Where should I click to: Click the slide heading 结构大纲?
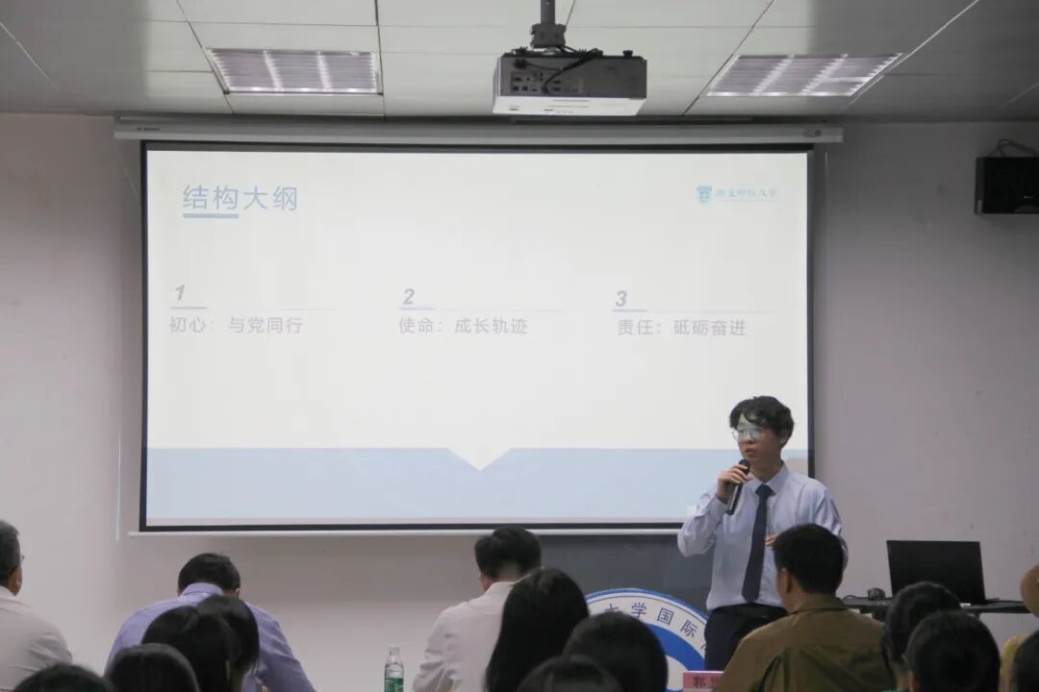pos(240,199)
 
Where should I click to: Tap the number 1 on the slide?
pos(180,294)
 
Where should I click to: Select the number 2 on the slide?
pos(409,297)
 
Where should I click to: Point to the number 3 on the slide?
pos(621,299)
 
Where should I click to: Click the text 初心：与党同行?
pos(236,326)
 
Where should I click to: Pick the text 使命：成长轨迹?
pos(463,326)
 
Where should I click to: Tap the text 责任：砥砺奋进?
pos(681,327)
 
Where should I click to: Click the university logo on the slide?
pos(736,194)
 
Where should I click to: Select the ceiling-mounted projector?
pos(570,83)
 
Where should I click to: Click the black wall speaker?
pos(1006,185)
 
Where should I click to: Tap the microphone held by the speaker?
pos(738,485)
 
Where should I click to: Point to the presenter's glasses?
pos(748,433)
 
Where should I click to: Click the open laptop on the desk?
pos(935,570)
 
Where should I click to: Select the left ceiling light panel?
pos(295,71)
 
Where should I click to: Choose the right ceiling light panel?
pos(801,75)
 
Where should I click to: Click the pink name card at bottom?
pos(701,680)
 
